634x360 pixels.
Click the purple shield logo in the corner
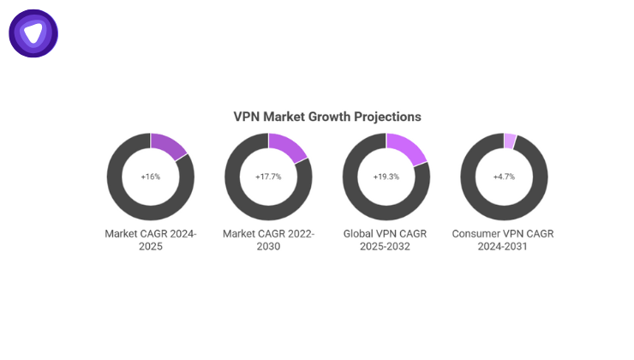click(x=33, y=33)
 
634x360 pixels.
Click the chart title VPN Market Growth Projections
click(x=327, y=117)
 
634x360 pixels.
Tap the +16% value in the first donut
click(x=151, y=177)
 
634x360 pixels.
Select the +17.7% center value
click(x=268, y=177)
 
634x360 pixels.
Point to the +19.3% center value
click(x=386, y=177)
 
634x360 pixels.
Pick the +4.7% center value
click(x=504, y=177)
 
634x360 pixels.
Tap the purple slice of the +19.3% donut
click(x=408, y=150)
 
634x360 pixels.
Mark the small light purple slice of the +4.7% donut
click(x=511, y=141)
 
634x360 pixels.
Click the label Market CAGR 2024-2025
click(x=151, y=240)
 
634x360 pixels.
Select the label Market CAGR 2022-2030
click(x=268, y=240)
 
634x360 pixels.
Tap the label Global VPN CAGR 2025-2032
click(x=386, y=240)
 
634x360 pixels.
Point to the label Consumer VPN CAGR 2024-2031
click(x=504, y=240)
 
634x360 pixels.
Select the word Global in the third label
click(x=359, y=233)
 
